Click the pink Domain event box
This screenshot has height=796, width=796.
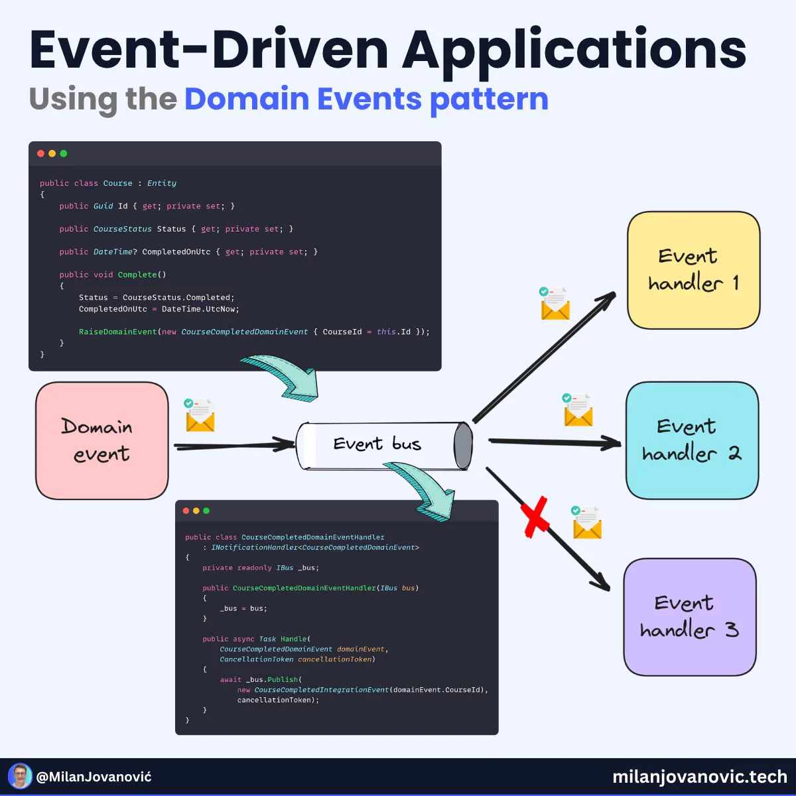(x=101, y=440)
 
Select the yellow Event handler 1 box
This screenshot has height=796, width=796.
(x=694, y=270)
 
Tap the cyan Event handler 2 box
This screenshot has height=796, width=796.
(x=693, y=440)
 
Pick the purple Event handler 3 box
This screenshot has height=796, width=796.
(x=690, y=617)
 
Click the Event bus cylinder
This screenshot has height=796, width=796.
(x=384, y=445)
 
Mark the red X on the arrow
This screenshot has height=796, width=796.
(x=535, y=517)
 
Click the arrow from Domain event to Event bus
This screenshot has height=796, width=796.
(x=234, y=445)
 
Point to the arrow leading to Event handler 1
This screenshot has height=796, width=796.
(x=545, y=357)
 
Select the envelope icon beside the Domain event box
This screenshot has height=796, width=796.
(x=200, y=415)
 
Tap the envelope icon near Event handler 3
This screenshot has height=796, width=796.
(x=586, y=522)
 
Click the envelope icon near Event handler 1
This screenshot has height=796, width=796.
(x=555, y=303)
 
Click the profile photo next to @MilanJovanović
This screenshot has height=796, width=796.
(x=20, y=775)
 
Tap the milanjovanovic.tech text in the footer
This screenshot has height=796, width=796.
(x=700, y=777)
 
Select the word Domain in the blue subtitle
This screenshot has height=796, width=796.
(x=247, y=99)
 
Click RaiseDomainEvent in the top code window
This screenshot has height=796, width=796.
(x=117, y=332)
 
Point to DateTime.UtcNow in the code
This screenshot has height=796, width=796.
(x=200, y=309)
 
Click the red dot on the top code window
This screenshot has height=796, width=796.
(x=40, y=154)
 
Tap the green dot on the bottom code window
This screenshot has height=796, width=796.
(x=206, y=511)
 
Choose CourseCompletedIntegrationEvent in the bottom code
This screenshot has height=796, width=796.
(x=322, y=690)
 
